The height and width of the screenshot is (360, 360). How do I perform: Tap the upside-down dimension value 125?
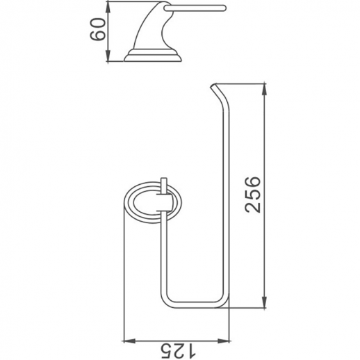coord(174,347)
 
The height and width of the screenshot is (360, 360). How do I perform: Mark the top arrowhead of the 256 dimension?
coord(265,86)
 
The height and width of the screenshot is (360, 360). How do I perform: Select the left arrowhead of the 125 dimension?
coord(126,340)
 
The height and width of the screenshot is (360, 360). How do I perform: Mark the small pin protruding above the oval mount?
coord(163,182)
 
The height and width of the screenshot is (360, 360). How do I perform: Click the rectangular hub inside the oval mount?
coord(163,202)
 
